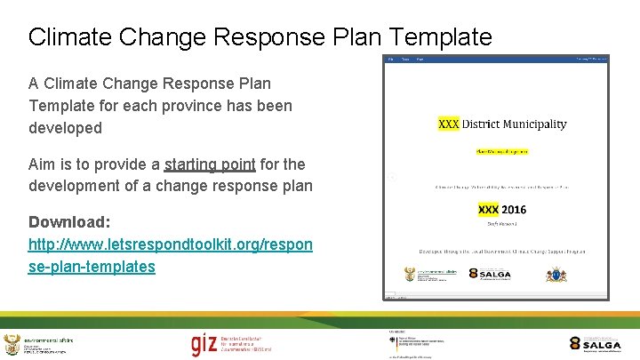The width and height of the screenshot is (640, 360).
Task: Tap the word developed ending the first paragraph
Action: pyautogui.click(x=65, y=128)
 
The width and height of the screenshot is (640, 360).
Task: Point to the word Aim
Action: pyautogui.click(x=43, y=164)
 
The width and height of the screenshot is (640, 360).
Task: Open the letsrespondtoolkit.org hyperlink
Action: pyautogui.click(x=170, y=244)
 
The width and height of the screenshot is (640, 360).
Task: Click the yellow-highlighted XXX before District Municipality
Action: pyautogui.click(x=449, y=124)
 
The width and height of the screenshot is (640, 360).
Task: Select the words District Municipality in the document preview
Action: pyautogui.click(x=514, y=124)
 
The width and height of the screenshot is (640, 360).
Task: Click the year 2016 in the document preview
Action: pyautogui.click(x=513, y=210)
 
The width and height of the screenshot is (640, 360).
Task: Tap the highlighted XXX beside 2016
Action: pyautogui.click(x=488, y=210)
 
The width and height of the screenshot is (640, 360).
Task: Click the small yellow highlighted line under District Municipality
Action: pyautogui.click(x=501, y=151)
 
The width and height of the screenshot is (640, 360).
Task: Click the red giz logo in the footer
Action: pyautogui.click(x=204, y=343)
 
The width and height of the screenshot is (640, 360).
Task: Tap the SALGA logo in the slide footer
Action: pyautogui.click(x=596, y=345)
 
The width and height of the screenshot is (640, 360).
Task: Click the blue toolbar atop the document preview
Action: pyautogui.click(x=496, y=60)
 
